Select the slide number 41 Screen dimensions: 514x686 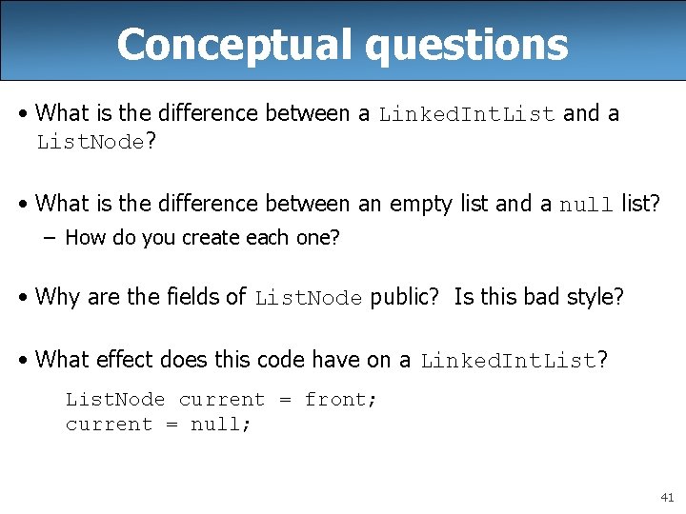click(x=665, y=497)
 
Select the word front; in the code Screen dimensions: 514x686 click(x=340, y=400)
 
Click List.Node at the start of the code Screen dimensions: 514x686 click(x=114, y=400)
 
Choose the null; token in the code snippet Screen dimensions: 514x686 click(x=221, y=425)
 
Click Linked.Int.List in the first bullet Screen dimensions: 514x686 click(x=467, y=115)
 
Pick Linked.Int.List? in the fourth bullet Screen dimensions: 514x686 click(x=514, y=361)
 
